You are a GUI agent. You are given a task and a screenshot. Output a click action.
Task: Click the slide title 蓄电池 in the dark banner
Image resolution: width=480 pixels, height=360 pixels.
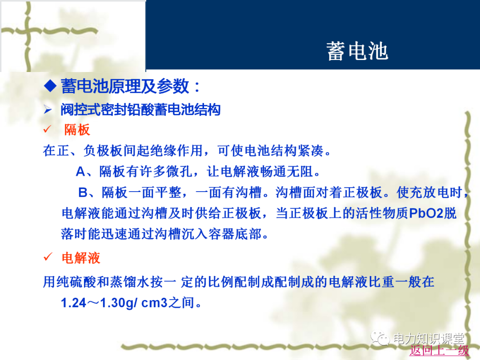(x=357, y=51)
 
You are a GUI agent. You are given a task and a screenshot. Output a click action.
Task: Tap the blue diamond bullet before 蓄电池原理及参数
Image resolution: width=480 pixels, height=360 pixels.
(x=50, y=86)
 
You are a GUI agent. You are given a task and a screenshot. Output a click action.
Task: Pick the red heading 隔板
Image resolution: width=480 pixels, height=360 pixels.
(x=77, y=130)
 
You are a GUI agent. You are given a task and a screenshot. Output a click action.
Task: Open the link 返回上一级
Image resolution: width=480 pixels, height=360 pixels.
(x=439, y=350)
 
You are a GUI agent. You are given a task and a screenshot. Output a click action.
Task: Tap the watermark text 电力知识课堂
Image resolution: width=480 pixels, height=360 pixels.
(x=428, y=339)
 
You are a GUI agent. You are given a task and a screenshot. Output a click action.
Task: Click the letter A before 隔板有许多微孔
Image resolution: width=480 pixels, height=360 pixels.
(x=80, y=172)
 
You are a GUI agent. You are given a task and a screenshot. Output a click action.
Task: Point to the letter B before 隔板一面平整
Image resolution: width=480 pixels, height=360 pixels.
(x=83, y=192)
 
